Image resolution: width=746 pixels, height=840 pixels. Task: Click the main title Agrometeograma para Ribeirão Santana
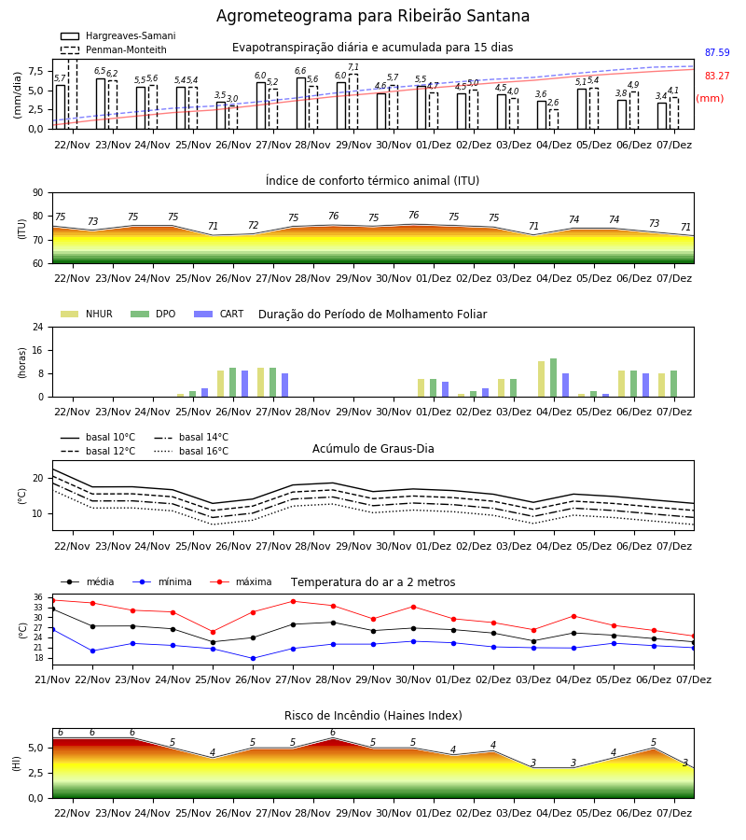point(372,16)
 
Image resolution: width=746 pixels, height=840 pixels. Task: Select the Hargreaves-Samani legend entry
point(117,35)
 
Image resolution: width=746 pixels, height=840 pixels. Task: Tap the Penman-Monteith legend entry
point(114,49)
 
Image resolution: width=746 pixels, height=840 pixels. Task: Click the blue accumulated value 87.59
point(717,52)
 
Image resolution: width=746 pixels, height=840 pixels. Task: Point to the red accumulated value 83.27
point(717,77)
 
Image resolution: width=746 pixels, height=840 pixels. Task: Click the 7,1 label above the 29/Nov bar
point(353,67)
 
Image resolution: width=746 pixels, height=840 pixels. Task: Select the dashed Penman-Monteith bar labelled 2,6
point(554,119)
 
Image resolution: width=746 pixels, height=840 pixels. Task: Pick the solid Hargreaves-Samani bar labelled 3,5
point(221,116)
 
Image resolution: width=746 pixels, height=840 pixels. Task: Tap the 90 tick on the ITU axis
point(37,193)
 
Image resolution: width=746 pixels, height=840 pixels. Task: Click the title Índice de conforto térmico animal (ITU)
point(372,180)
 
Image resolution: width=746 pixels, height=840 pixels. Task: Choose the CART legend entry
point(219,314)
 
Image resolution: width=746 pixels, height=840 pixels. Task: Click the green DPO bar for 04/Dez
point(553,378)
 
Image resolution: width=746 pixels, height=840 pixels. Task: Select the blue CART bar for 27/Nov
point(284,385)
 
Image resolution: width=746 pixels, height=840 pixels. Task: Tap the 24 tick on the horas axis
point(37,327)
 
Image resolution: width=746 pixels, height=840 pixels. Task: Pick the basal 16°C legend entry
point(191,451)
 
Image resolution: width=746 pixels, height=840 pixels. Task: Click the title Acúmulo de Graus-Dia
point(373,448)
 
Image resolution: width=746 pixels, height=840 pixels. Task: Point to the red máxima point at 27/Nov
point(293,602)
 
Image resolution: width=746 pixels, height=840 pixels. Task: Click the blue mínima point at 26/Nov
point(253,658)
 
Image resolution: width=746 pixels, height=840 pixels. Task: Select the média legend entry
point(88,581)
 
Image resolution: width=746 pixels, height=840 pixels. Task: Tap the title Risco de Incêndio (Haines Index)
point(373,716)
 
